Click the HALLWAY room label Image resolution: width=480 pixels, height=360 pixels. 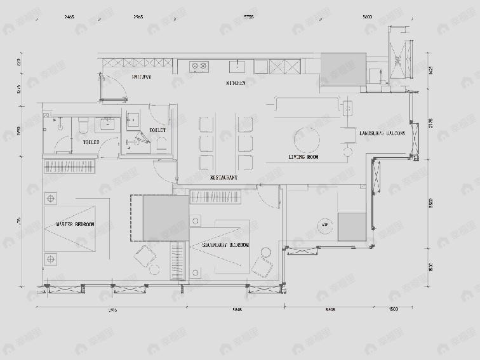pos(141,77)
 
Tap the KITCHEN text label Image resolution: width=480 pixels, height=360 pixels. pos(235,83)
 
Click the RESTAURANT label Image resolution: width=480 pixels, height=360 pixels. pos(224,178)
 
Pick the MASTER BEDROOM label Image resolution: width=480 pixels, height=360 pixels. pos(75,225)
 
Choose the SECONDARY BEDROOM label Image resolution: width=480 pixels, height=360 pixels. pos(225,245)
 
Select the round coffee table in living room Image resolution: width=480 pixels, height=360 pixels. pos(307,138)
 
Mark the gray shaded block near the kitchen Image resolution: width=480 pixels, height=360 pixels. pos(342,69)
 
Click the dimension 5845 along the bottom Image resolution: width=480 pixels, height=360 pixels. pos(236,310)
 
